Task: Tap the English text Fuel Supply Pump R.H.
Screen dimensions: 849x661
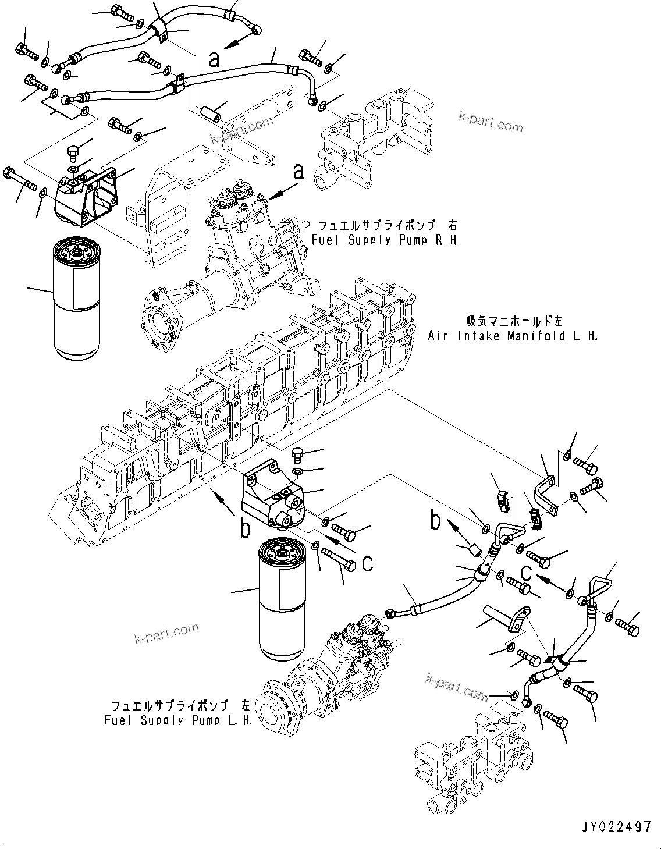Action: pos(385,239)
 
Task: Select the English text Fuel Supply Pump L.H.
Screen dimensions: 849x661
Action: pos(178,720)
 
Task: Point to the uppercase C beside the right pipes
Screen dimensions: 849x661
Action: pos(526,573)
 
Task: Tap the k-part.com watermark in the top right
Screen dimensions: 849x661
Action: pos(491,121)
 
